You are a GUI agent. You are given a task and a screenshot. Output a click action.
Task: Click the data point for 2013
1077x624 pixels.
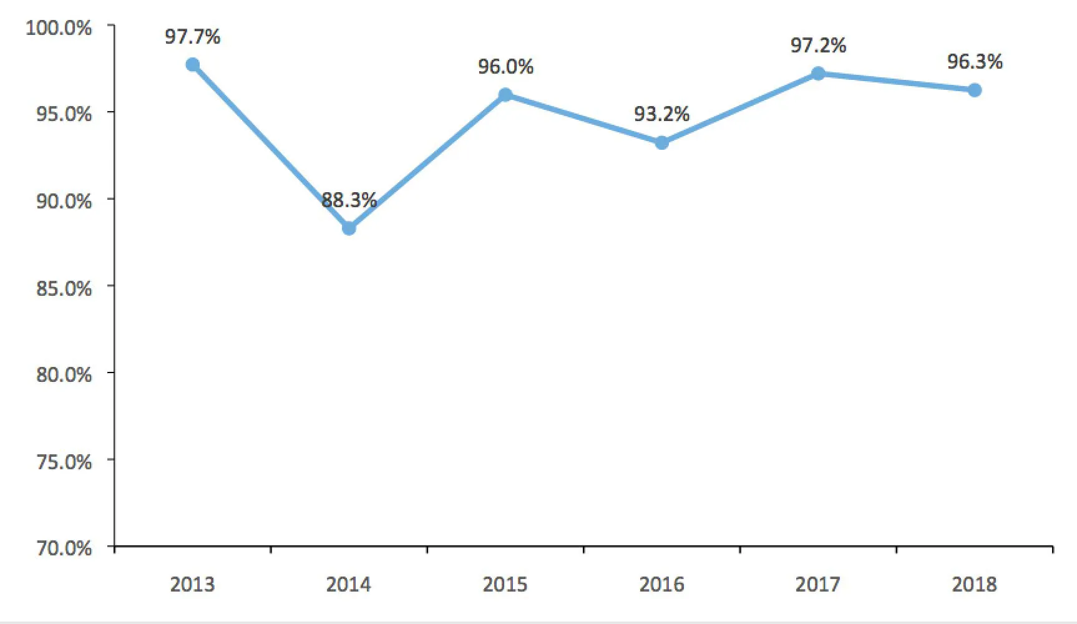tap(193, 65)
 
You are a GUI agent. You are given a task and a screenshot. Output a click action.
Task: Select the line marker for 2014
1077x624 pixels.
tap(349, 228)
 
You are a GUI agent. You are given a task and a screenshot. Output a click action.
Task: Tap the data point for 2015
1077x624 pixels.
tap(505, 95)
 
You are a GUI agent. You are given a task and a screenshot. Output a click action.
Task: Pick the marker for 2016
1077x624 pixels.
tap(662, 143)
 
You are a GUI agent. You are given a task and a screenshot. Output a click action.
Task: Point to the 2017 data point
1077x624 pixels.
tap(818, 74)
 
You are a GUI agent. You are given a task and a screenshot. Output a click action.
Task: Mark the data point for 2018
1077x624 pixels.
tap(975, 90)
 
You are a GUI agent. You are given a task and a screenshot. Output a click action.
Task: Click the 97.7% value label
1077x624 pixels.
tap(193, 37)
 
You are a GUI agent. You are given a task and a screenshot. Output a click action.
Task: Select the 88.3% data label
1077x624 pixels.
tap(349, 200)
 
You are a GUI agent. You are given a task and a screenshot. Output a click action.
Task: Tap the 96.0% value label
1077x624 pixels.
tap(505, 67)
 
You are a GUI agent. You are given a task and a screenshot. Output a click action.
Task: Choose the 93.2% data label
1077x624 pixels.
tap(662, 114)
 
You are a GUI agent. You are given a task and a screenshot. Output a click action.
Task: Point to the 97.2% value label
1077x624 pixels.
tap(818, 46)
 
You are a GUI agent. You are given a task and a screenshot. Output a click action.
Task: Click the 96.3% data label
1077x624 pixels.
tap(975, 62)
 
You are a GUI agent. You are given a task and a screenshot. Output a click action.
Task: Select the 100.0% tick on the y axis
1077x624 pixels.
tap(59, 28)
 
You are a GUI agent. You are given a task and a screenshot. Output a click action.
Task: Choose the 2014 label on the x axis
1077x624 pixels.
tap(349, 585)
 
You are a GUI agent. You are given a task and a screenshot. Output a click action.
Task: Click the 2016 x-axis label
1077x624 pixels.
tap(661, 585)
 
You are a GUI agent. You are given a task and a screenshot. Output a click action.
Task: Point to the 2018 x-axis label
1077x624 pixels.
tap(974, 585)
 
